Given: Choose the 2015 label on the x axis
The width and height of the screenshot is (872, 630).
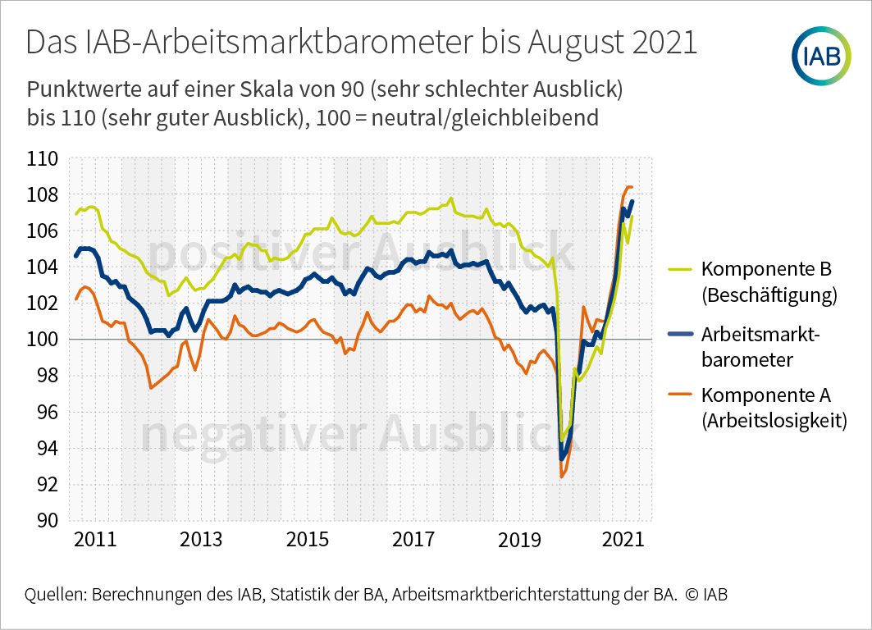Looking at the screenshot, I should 307,541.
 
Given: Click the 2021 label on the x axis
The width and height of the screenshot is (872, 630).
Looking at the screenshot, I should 623,541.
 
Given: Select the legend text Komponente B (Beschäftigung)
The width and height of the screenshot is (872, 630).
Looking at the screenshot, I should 769,282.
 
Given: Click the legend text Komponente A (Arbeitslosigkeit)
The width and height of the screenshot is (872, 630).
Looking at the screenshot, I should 774,408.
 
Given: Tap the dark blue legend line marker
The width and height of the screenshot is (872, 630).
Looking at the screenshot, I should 680,333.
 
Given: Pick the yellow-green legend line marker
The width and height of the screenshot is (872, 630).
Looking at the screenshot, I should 680,269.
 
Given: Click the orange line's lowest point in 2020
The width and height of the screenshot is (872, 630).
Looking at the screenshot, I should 561,477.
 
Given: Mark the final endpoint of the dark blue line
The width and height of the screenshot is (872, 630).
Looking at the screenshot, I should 632,202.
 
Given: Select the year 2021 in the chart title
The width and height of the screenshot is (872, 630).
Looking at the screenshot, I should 664,43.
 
